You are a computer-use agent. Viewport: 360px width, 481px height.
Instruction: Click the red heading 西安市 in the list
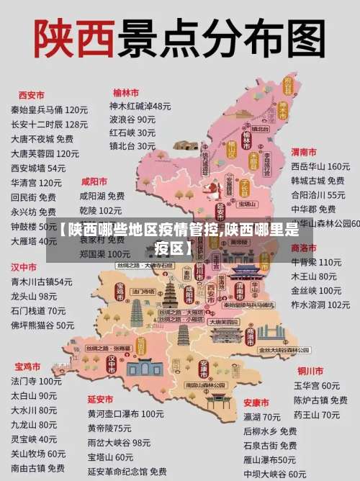pos(31,95)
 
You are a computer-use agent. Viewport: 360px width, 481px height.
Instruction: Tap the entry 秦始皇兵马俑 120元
pos(49,110)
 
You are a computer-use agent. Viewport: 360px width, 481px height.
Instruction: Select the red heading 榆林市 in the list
pos(126,93)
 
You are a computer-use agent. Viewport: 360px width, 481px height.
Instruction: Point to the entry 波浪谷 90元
pos(132,120)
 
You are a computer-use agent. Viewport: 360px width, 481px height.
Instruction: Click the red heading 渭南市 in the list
pos(304,152)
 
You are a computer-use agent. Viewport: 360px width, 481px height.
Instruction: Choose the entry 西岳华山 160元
pos(320,167)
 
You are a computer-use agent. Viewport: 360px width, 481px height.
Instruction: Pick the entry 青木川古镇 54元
pos(42,282)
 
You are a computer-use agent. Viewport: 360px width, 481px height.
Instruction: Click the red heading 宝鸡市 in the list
pos(28,366)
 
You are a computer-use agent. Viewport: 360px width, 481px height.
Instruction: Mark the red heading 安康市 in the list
pos(256,402)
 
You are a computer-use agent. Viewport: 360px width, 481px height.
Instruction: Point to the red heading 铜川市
pos(310,371)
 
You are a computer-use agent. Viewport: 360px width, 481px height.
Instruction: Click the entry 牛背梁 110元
pos(316,262)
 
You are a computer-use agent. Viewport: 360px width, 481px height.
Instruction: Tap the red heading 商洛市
pos(304,247)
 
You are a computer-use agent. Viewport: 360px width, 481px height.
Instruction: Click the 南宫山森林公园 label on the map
pos(207,386)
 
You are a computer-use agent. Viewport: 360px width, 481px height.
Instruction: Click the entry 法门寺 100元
pos(36,381)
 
